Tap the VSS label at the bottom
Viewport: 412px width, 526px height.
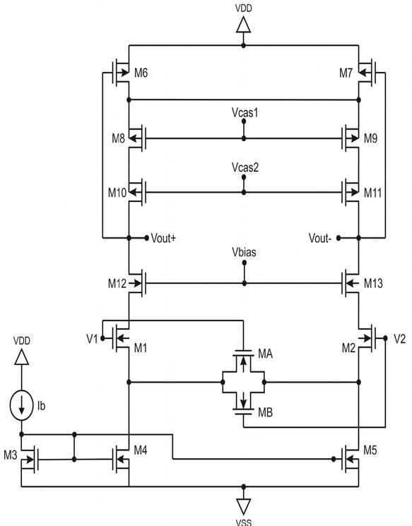point(243,522)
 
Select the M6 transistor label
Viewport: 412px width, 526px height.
point(141,73)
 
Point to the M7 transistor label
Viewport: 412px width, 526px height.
point(345,73)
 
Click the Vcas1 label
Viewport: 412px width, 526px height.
point(243,112)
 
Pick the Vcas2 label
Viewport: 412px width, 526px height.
point(243,168)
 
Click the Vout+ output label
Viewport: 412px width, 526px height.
point(163,238)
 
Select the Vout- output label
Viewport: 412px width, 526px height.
point(322,238)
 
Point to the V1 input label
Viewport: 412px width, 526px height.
point(92,338)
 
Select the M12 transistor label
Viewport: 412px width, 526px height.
point(117,284)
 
